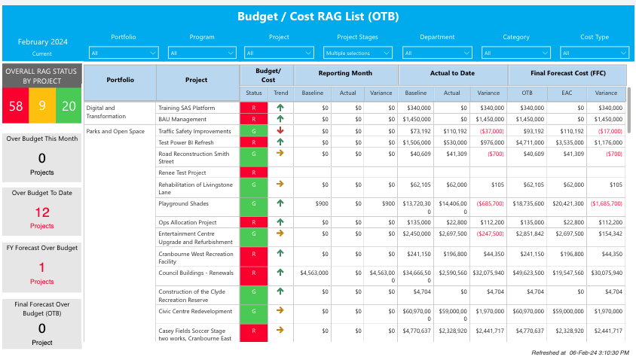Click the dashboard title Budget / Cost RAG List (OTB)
[x=317, y=16]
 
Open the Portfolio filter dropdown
[x=124, y=53]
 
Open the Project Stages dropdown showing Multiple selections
[x=358, y=53]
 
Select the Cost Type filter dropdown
[x=595, y=53]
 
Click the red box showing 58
[x=16, y=106]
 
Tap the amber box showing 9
[x=42, y=106]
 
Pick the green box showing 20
[x=69, y=106]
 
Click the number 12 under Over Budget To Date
[x=42, y=213]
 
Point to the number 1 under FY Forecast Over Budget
[x=42, y=268]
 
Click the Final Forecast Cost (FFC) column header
[x=567, y=74]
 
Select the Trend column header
[x=280, y=93]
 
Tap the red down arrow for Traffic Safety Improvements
[x=280, y=131]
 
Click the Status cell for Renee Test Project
[x=253, y=172]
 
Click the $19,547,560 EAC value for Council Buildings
[x=564, y=272]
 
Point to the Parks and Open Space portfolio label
[x=115, y=131]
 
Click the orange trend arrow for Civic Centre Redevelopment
[x=280, y=310]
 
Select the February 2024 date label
[x=42, y=41]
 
